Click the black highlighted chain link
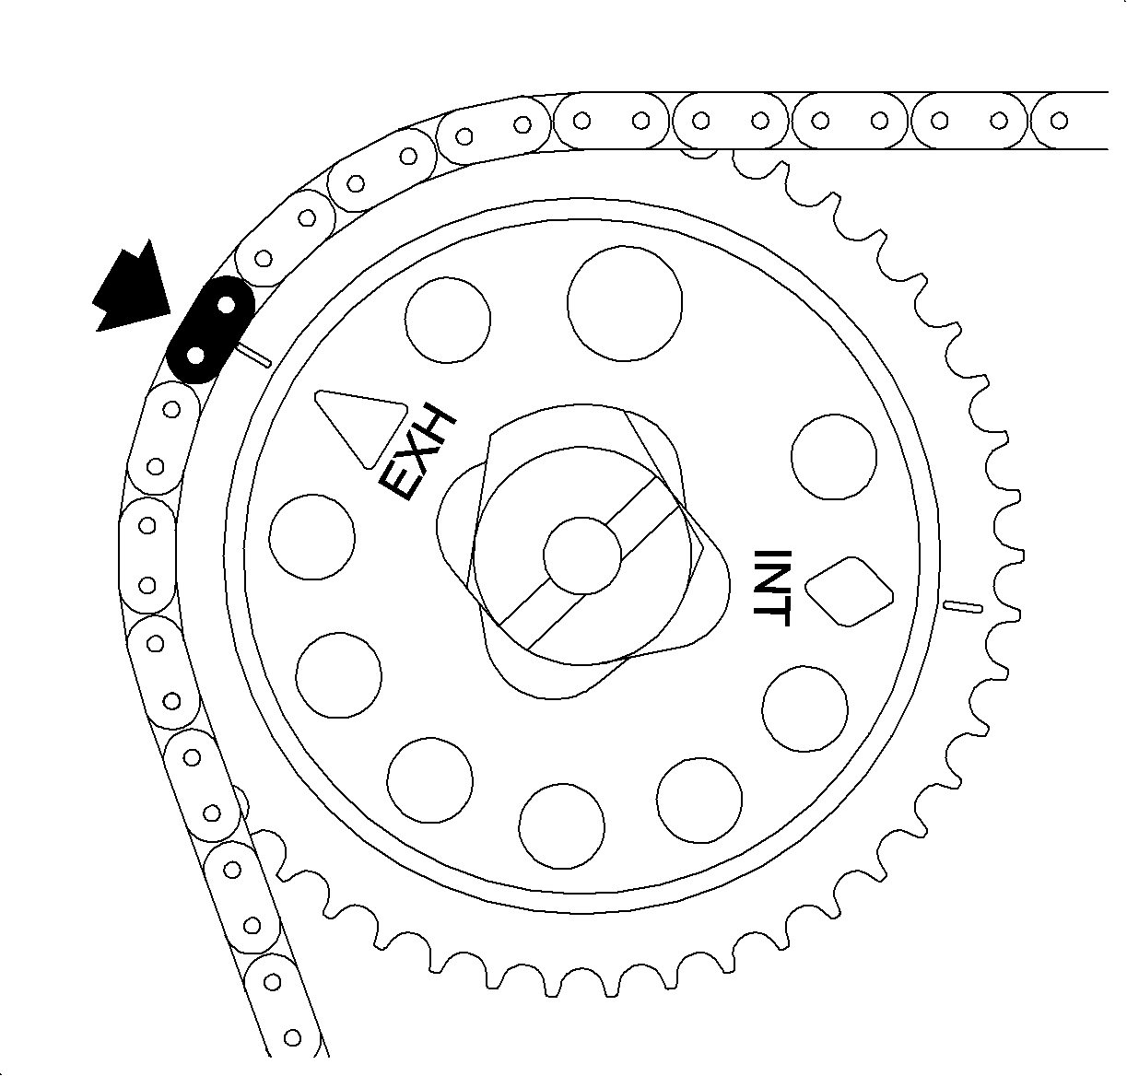(210, 330)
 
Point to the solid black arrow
(132, 289)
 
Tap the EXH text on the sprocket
(417, 454)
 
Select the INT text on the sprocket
(771, 588)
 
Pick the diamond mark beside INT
(849, 591)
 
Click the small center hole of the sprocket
(582, 556)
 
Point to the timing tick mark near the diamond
(963, 606)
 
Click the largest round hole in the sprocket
(625, 303)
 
